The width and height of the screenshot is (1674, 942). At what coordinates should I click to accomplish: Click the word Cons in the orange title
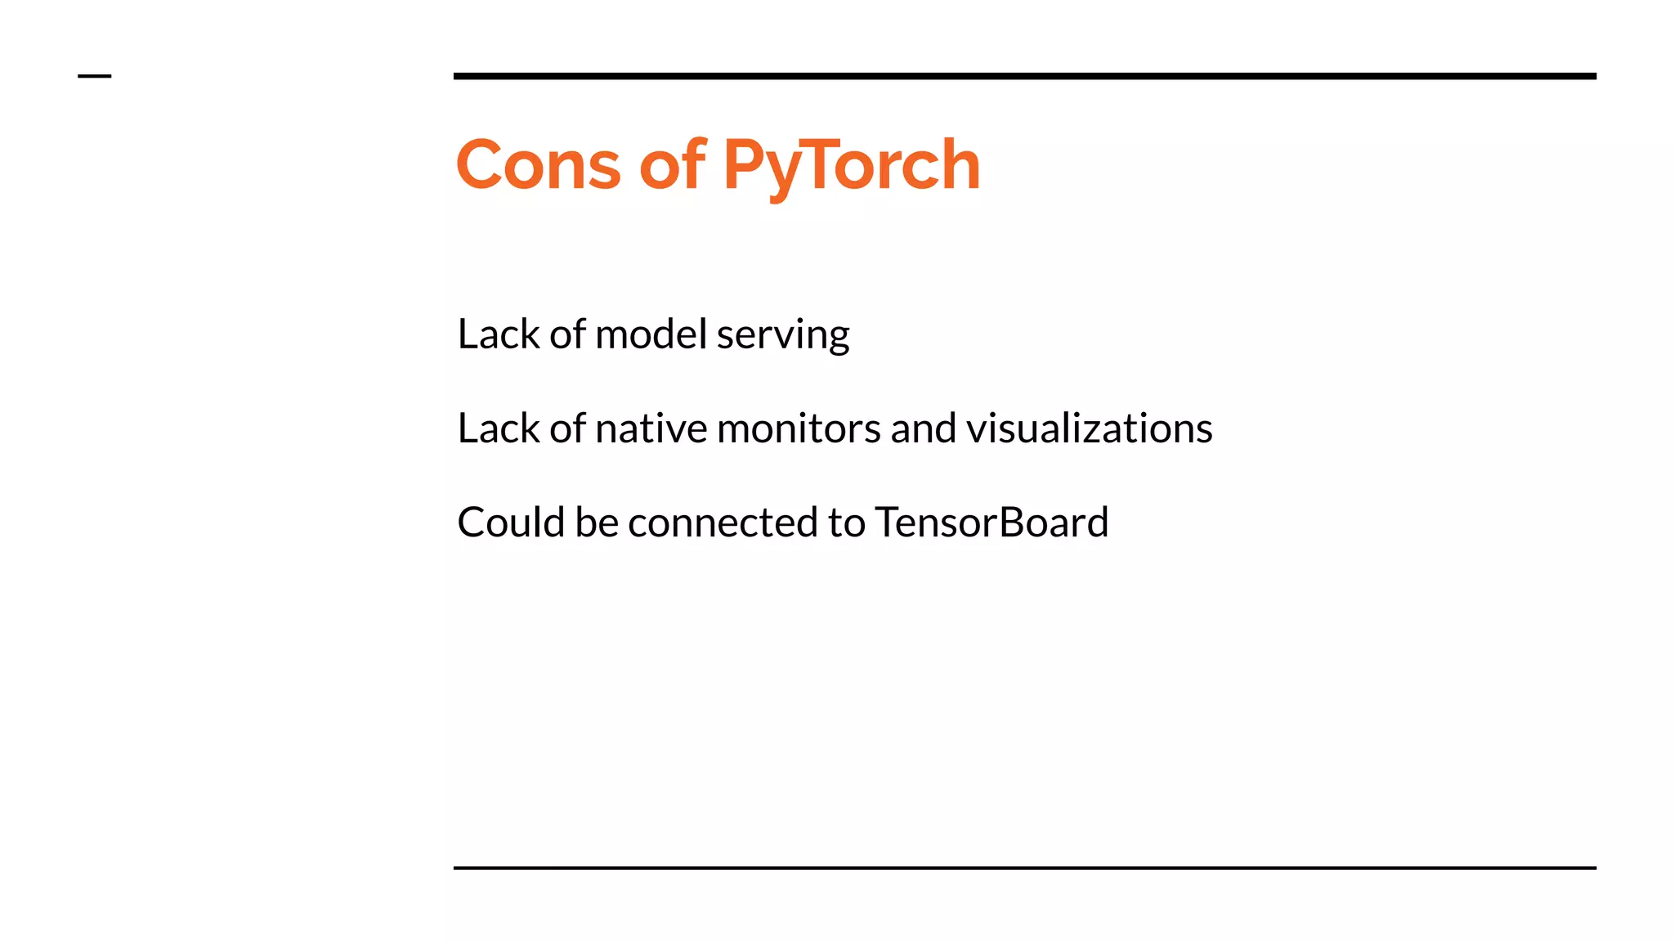coord(538,165)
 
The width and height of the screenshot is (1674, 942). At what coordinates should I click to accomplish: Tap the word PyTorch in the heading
coord(851,167)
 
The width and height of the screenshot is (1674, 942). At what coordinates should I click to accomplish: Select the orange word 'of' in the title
coord(671,165)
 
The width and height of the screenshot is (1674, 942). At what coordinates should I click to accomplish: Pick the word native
coord(651,428)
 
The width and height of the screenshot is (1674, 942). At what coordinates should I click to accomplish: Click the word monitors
coord(798,428)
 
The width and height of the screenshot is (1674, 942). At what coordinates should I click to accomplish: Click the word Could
coord(511,523)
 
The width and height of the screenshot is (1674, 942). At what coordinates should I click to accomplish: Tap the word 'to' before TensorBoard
coord(846,523)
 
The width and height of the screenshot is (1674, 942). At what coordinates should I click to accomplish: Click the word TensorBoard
coord(991,523)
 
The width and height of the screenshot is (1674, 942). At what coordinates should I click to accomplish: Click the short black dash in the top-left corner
coord(94,76)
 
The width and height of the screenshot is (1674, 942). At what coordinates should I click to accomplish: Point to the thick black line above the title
coord(1024,76)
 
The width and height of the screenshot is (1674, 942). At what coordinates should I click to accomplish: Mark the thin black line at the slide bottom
coord(1024,868)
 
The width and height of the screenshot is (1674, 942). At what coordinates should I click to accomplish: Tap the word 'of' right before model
coord(567,334)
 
